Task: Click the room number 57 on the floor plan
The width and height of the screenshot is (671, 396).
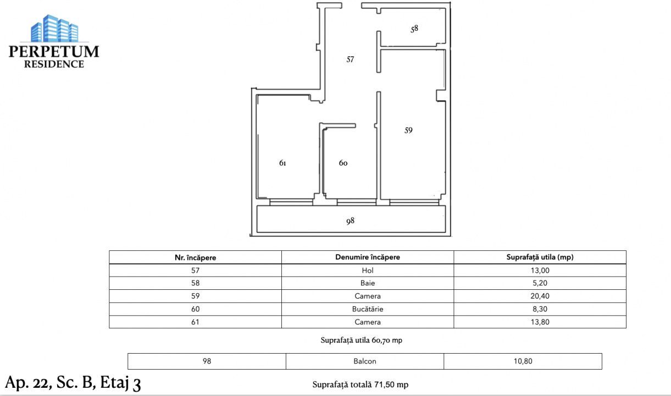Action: click(x=350, y=59)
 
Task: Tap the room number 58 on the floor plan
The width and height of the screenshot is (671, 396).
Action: click(x=414, y=29)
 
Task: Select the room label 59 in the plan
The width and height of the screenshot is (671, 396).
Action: click(x=408, y=130)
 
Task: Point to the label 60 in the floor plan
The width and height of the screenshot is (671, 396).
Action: click(x=343, y=163)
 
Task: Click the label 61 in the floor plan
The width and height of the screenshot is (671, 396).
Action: click(x=282, y=163)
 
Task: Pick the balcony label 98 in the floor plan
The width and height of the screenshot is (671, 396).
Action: click(x=350, y=221)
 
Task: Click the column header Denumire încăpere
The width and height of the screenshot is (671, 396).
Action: click(x=367, y=257)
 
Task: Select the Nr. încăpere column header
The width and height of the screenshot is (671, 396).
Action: click(x=195, y=257)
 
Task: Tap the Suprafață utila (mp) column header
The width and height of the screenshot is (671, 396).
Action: click(x=540, y=257)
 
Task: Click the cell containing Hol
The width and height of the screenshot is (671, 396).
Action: click(x=367, y=270)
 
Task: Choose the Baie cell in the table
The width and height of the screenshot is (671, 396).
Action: click(x=367, y=283)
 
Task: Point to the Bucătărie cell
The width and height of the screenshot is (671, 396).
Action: click(x=367, y=309)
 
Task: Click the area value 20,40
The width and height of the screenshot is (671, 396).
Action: click(x=540, y=296)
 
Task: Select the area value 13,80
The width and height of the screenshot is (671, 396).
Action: click(x=540, y=322)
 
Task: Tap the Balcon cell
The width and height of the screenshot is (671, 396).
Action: click(x=365, y=361)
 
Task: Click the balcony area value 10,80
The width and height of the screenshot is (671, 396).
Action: click(x=523, y=361)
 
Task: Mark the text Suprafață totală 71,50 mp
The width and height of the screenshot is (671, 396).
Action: click(x=360, y=384)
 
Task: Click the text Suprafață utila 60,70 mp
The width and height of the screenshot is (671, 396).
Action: click(x=361, y=340)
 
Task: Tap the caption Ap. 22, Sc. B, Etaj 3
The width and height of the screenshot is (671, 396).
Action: click(x=73, y=382)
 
